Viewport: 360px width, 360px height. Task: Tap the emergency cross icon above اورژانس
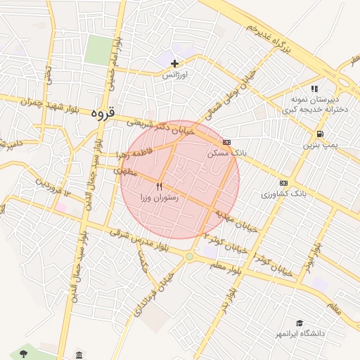click(175, 64)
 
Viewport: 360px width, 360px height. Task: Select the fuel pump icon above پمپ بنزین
click(320, 134)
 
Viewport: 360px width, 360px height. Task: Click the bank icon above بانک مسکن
click(226, 142)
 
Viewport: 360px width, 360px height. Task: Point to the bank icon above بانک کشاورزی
click(283, 182)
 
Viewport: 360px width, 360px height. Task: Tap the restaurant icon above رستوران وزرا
click(159, 187)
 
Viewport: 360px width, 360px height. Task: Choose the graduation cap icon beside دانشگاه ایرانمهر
click(300, 323)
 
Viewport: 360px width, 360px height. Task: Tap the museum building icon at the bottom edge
click(79, 354)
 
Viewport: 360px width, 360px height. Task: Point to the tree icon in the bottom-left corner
click(23, 352)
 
